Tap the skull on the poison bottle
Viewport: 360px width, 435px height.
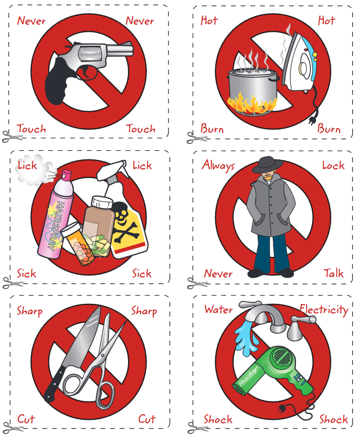(121, 211)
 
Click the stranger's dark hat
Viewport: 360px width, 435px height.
(267, 165)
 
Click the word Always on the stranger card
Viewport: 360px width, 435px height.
(218, 166)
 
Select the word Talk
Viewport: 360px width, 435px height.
(333, 273)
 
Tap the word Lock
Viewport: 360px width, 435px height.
(333, 166)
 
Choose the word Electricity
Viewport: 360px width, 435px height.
(324, 310)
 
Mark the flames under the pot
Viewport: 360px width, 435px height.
(252, 104)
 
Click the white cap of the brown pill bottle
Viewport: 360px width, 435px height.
(102, 202)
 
